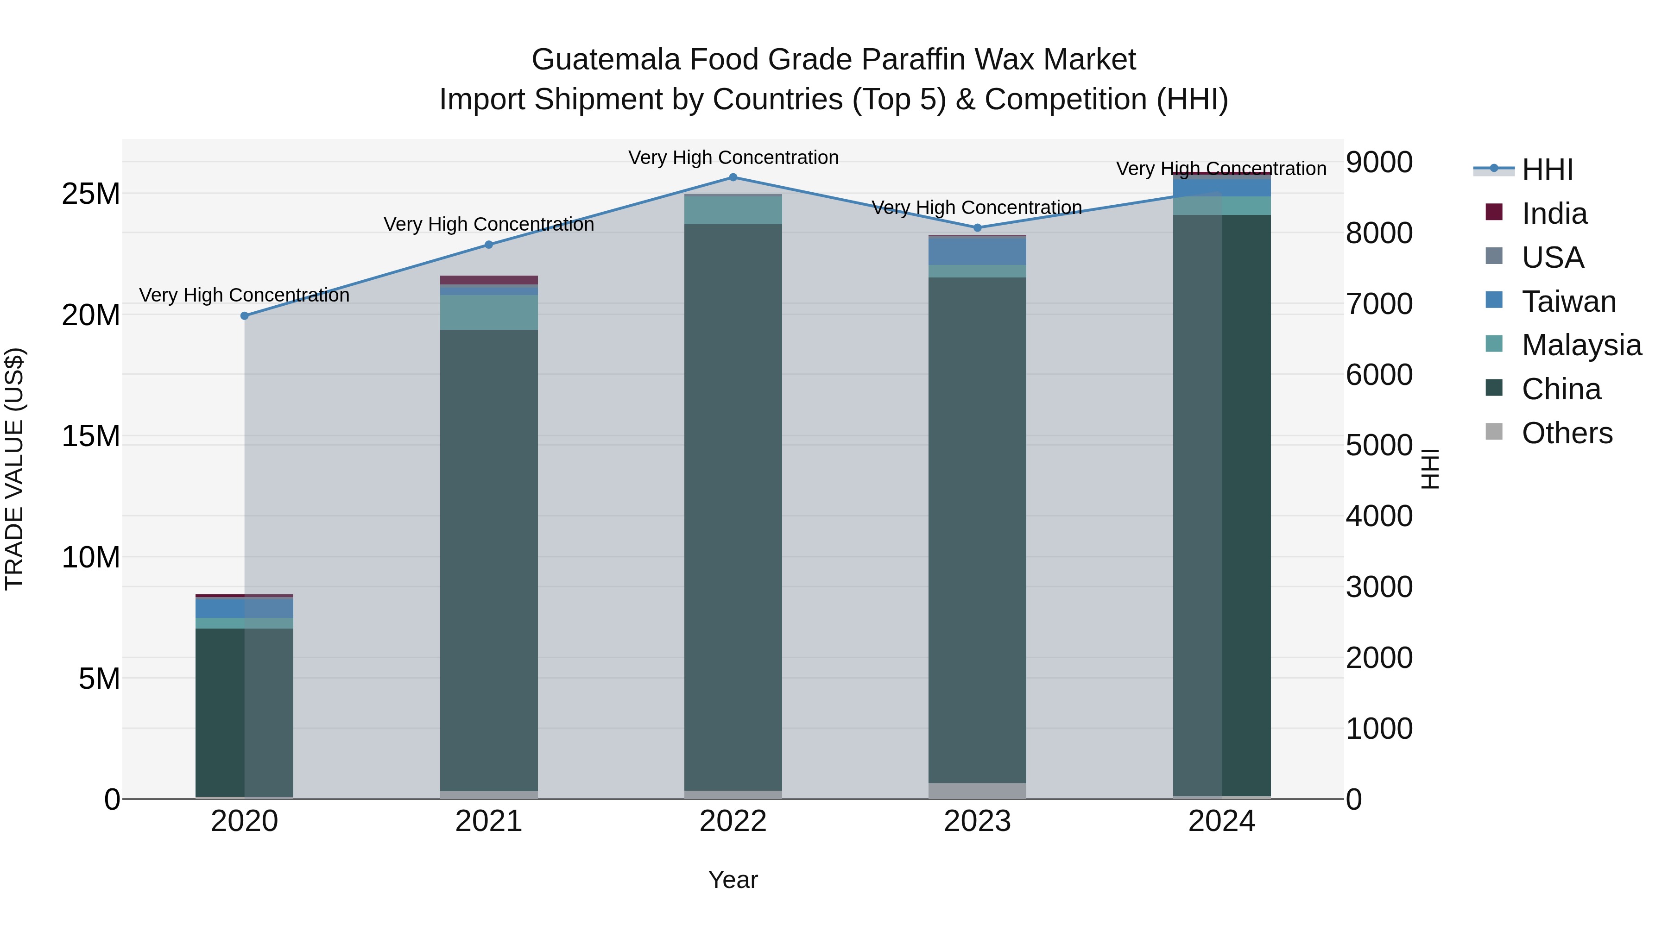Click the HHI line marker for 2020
pos(244,316)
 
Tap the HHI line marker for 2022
pos(733,177)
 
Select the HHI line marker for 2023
pos(977,228)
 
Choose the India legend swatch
pos(1494,212)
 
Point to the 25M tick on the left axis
pos(91,194)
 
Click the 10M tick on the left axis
pos(91,557)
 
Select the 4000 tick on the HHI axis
pos(1379,516)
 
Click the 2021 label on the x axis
pos(488,821)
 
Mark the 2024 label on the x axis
pos(1221,821)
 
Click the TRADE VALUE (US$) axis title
pos(14,469)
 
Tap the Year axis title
pos(733,880)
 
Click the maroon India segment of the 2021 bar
pos(488,280)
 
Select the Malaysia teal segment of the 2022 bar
pos(733,210)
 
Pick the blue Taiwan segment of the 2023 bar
pos(977,251)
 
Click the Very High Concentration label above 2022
pos(733,157)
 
